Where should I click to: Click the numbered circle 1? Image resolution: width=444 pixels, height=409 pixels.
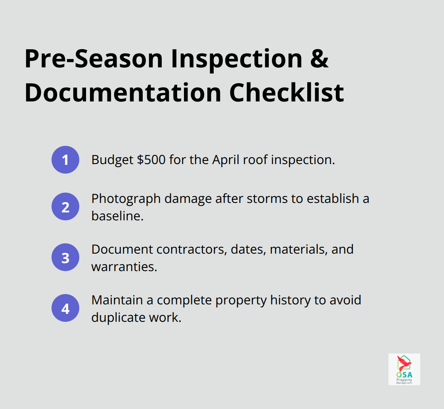pos(65,160)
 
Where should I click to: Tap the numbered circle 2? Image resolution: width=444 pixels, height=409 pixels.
pos(65,207)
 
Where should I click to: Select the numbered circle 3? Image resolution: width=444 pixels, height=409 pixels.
pos(65,258)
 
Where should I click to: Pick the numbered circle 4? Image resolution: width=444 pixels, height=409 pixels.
pos(65,308)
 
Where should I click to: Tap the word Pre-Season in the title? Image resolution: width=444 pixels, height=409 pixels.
pos(94,59)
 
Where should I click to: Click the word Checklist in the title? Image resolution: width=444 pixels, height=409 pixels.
pos(287,93)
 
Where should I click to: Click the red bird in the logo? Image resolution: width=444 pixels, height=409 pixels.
pos(404,363)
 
